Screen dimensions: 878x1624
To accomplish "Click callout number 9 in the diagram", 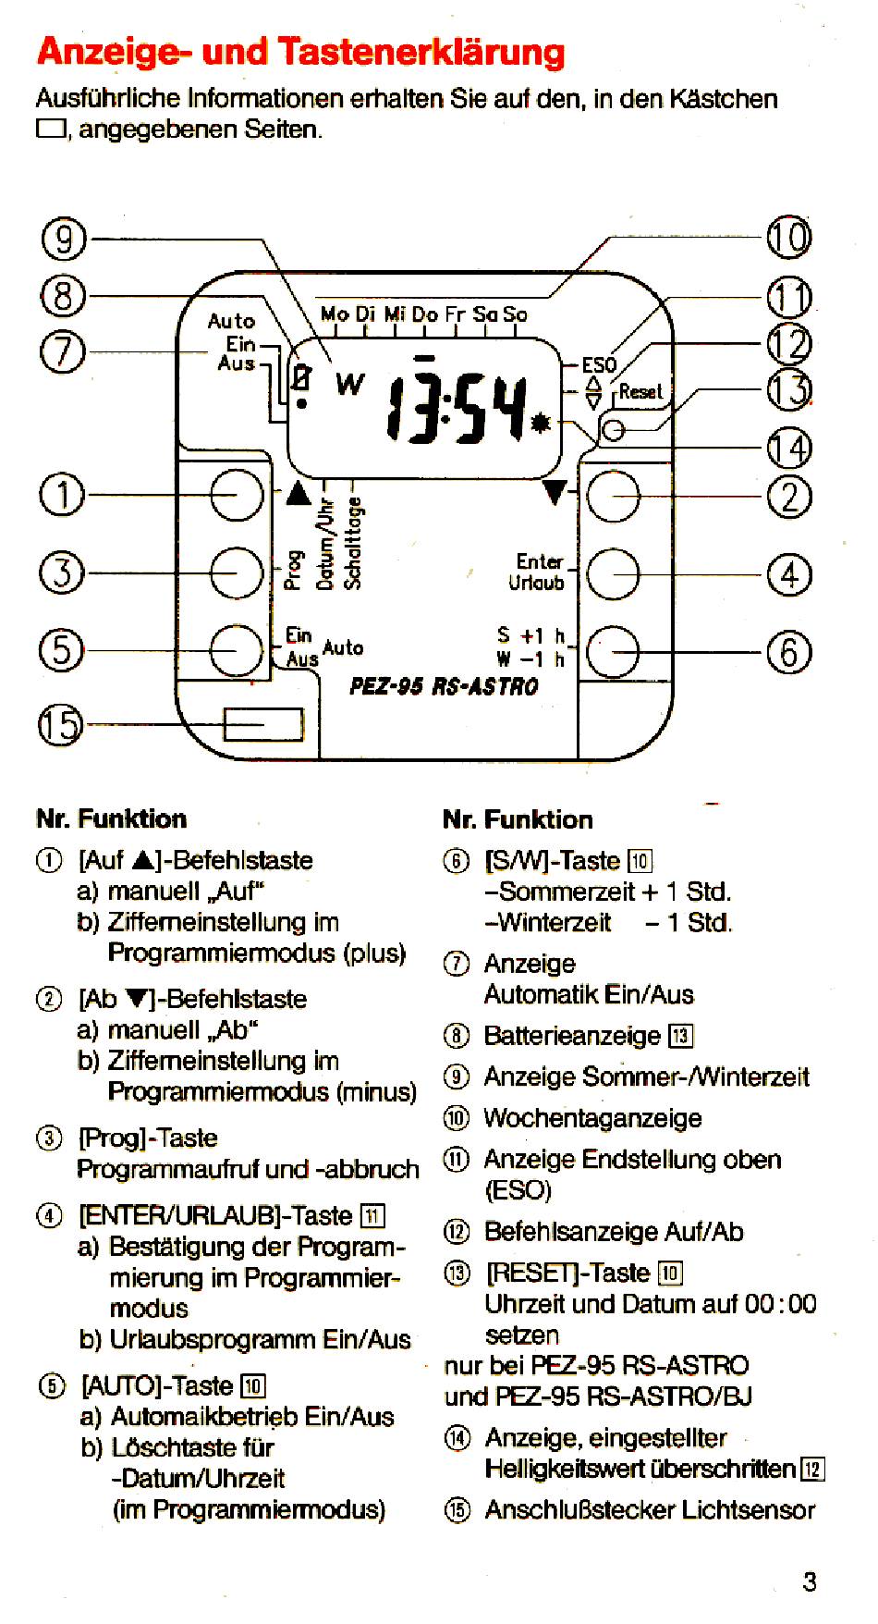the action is (x=64, y=240).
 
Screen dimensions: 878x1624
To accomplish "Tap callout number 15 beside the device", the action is (x=60, y=724).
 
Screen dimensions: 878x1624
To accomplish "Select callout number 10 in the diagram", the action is (x=788, y=238).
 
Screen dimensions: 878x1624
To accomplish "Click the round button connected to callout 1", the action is (x=238, y=495).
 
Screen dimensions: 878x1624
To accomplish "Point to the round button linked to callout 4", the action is (x=614, y=573).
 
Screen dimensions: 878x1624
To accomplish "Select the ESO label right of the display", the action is (x=599, y=365).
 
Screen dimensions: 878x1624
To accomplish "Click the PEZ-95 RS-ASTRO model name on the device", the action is (x=444, y=686).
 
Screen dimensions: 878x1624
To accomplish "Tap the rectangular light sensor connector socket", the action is (x=263, y=724).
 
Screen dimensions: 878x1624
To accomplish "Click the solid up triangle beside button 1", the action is (x=298, y=493).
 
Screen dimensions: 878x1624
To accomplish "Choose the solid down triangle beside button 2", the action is (x=555, y=492).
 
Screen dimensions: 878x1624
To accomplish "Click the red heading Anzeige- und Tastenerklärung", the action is (x=301, y=52).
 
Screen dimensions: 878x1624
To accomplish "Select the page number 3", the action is (x=810, y=1581).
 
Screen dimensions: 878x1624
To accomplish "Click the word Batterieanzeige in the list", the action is (x=572, y=1036).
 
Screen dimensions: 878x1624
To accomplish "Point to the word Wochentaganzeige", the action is (x=592, y=1118).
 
